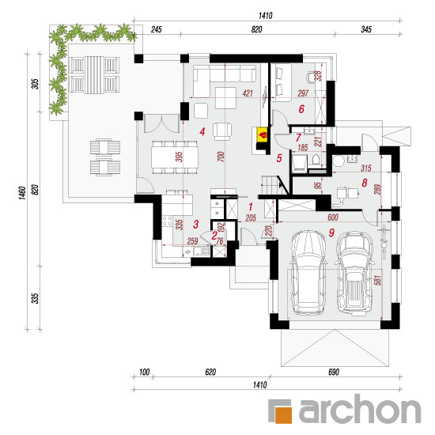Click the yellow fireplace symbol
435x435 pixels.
pyautogui.click(x=262, y=135)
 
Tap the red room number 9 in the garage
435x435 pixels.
pyautogui.click(x=331, y=233)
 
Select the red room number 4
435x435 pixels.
pyautogui.click(x=202, y=131)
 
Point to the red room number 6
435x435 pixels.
pyautogui.click(x=301, y=109)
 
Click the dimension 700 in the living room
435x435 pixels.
pyautogui.click(x=221, y=157)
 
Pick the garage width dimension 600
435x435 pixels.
pyautogui.click(x=333, y=217)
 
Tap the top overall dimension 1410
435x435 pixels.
pyautogui.click(x=266, y=16)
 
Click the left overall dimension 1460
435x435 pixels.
pyautogui.click(x=22, y=192)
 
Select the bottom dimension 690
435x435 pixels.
pyautogui.click(x=334, y=372)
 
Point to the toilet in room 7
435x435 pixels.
pyautogui.click(x=316, y=161)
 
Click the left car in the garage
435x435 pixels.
pyautogui.click(x=308, y=273)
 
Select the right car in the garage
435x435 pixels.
pyautogui.click(x=354, y=274)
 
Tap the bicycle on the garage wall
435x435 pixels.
pyautogui.click(x=384, y=241)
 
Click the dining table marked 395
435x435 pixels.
pyautogui.click(x=175, y=157)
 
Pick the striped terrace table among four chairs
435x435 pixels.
pyautogui.click(x=94, y=75)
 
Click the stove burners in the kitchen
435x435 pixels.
pyautogui.click(x=167, y=221)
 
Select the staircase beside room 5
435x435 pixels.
pyautogui.click(x=270, y=185)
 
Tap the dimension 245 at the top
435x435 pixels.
pyautogui.click(x=156, y=29)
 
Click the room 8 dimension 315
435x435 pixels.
pyautogui.click(x=366, y=168)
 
